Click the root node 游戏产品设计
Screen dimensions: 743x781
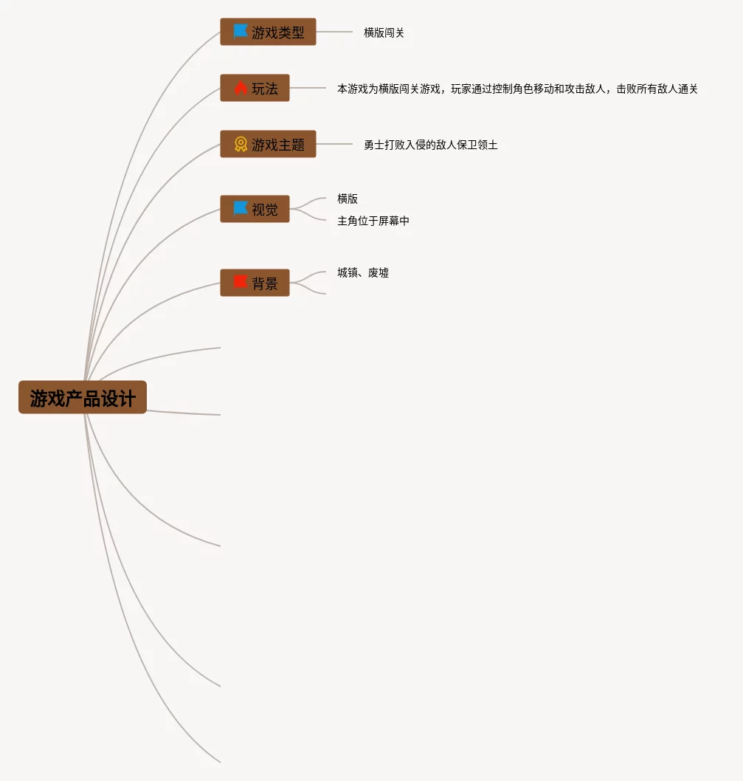(83, 398)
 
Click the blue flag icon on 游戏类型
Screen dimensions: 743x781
(241, 32)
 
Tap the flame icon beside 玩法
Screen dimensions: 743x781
(241, 88)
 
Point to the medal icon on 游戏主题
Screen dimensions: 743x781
(241, 144)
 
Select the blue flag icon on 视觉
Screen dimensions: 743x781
(241, 209)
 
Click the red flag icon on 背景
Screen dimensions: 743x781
(241, 282)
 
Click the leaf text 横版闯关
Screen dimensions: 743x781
(384, 33)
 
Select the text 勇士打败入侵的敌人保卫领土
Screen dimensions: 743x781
(430, 145)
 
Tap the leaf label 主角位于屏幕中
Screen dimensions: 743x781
(373, 221)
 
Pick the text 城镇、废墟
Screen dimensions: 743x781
(362, 273)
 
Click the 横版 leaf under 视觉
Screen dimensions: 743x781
(348, 199)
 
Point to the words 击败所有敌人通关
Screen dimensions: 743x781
(657, 89)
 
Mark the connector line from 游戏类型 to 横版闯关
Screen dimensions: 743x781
(334, 32)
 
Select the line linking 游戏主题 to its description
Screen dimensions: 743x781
(334, 144)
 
